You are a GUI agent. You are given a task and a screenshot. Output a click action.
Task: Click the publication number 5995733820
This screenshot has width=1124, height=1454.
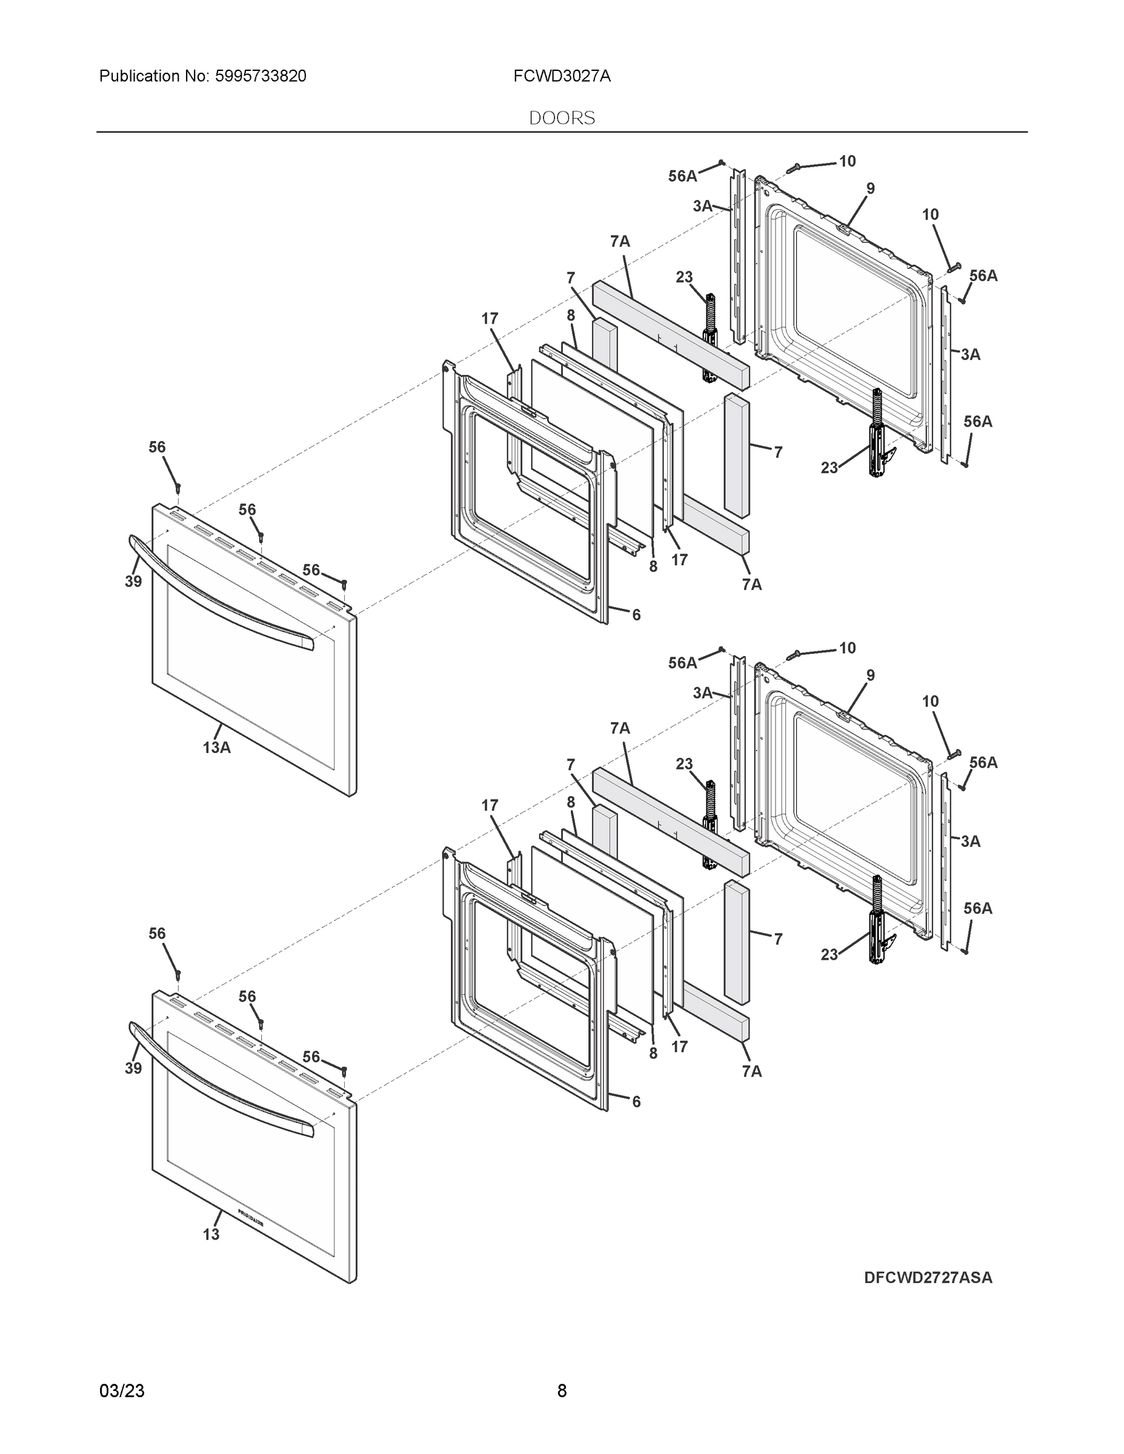261,76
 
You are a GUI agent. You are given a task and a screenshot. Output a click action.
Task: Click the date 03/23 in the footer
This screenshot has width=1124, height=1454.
122,1391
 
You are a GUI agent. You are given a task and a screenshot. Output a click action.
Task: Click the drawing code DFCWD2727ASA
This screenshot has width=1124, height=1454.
928,1278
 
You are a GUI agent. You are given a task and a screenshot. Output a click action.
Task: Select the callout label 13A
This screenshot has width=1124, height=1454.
216,748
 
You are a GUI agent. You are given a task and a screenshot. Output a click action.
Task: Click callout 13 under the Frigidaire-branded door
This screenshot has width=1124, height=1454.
210,1234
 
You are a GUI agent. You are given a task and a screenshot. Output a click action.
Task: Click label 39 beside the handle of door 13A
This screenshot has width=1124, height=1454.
133,581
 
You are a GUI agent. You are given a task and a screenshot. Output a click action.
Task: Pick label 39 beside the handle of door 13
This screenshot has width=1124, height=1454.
133,1068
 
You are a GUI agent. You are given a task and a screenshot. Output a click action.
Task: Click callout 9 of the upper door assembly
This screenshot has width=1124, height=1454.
870,188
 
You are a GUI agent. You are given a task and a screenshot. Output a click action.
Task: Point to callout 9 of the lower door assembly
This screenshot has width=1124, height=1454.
870,675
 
